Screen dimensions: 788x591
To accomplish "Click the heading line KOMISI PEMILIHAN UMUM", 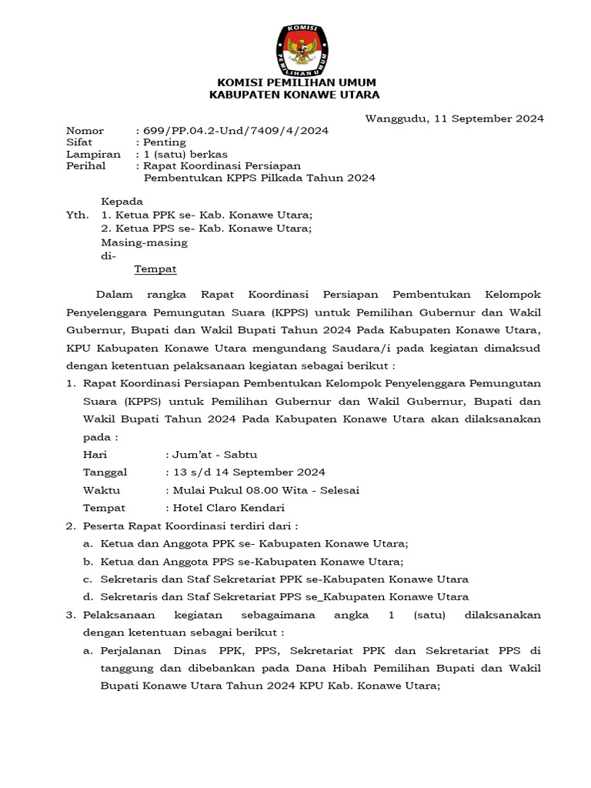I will tap(295, 82).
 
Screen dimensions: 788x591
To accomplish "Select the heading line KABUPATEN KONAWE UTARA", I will tap(295, 95).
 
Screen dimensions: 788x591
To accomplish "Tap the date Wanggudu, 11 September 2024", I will tap(454, 119).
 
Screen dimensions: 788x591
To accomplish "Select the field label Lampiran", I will tap(89, 154).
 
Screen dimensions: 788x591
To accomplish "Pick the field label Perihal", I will tap(86, 165).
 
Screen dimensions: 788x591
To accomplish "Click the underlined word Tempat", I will tap(155, 269).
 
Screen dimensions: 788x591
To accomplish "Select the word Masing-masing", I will tap(144, 242).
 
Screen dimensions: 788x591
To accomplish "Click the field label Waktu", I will tap(102, 490).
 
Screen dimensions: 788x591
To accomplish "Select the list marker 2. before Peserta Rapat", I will tap(70, 526).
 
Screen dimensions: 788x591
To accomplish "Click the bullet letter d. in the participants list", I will tap(88, 596).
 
